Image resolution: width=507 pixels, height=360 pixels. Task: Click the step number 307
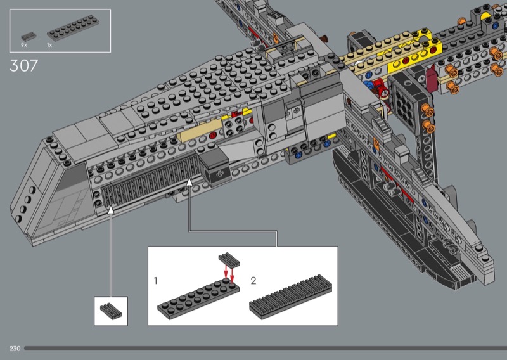pyautogui.click(x=24, y=66)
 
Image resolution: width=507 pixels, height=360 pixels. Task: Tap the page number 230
pyautogui.click(x=15, y=349)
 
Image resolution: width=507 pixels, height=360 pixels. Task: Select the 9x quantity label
pyautogui.click(x=24, y=45)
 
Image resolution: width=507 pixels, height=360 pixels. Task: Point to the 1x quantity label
pyautogui.click(x=49, y=45)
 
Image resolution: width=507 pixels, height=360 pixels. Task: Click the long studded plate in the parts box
pyautogui.click(x=73, y=28)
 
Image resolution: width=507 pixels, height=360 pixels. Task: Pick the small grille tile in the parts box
pyautogui.click(x=29, y=36)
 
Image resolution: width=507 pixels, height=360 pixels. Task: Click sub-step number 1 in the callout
pyautogui.click(x=156, y=280)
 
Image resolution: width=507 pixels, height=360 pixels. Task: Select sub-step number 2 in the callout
pyautogui.click(x=253, y=280)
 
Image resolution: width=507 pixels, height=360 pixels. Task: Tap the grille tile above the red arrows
pyautogui.click(x=229, y=259)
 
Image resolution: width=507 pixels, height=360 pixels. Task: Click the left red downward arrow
pyautogui.click(x=226, y=273)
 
